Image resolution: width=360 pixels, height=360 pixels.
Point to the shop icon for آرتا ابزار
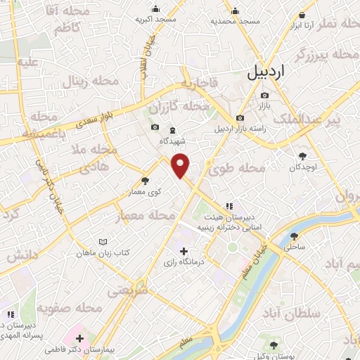coord(302,15)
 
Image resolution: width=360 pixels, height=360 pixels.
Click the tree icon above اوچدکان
coord(303,157)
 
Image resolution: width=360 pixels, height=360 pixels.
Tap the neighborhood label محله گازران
coord(186,106)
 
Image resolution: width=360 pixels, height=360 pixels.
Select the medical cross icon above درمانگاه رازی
coord(184,251)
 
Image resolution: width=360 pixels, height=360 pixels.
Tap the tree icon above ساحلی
coord(294,236)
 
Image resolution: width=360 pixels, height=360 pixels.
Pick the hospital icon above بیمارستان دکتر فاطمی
coord(79,338)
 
